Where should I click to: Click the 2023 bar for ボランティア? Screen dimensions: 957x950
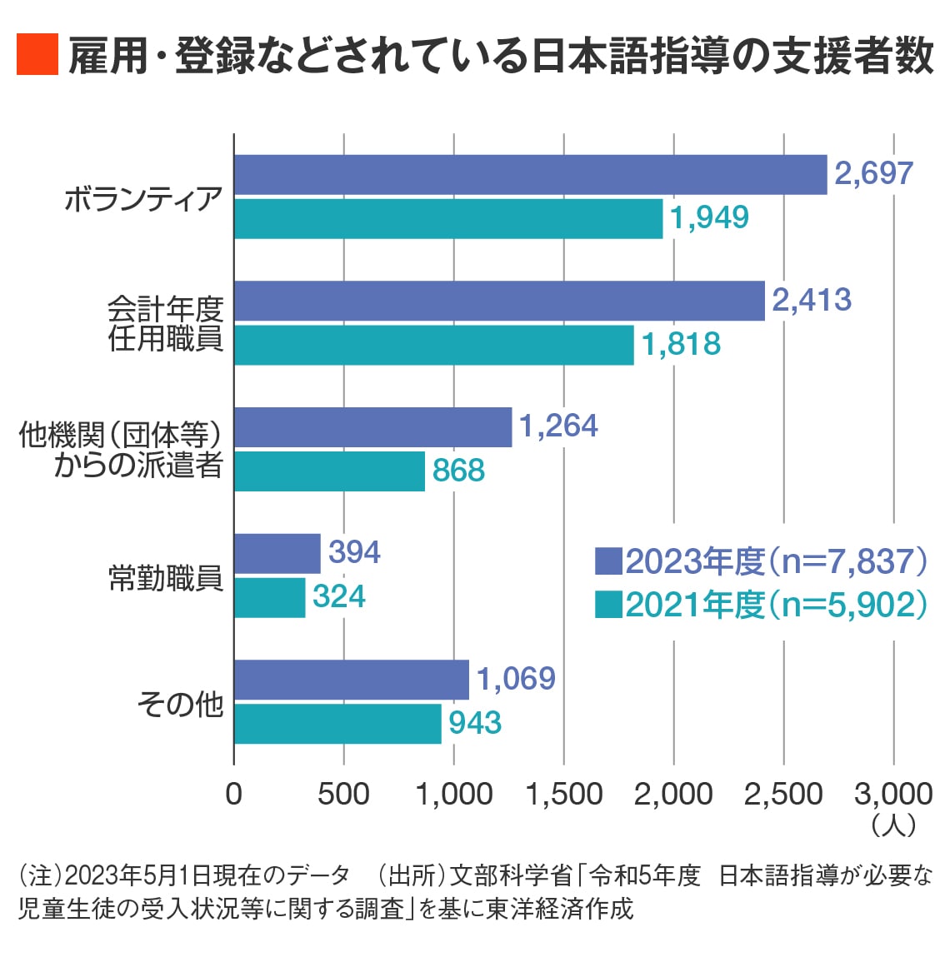pyautogui.click(x=530, y=175)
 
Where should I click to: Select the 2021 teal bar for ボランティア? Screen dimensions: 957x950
pyautogui.click(x=448, y=218)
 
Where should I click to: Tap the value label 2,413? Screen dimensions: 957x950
pyautogui.click(x=812, y=300)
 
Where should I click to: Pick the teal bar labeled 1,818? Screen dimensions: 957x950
pyautogui.click(x=433, y=345)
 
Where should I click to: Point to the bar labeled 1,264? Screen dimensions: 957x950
pyautogui.click(x=372, y=427)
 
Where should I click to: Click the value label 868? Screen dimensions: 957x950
pyautogui.click(x=458, y=471)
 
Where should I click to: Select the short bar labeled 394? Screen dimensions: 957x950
pyautogui.click(x=277, y=554)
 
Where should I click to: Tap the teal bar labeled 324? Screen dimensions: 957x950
pyautogui.click(x=270, y=597)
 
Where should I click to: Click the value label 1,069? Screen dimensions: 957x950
pyautogui.click(x=516, y=679)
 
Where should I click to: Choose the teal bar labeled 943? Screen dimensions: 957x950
pyautogui.click(x=337, y=724)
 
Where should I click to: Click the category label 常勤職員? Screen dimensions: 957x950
pyautogui.click(x=166, y=577)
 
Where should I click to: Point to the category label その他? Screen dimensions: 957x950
pyautogui.click(x=180, y=704)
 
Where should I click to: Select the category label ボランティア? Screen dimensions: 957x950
pyautogui.click(x=143, y=200)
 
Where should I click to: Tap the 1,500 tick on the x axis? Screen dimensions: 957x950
pyautogui.click(x=564, y=794)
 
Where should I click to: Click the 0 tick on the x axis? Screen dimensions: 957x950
pyautogui.click(x=234, y=794)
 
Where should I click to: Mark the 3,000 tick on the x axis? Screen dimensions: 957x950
pyautogui.click(x=892, y=794)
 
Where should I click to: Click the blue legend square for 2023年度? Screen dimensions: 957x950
pyautogui.click(x=608, y=561)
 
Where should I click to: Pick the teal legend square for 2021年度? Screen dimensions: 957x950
pyautogui.click(x=608, y=605)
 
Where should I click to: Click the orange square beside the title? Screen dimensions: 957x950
pyautogui.click(x=37, y=55)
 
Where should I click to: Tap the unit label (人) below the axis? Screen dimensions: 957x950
pyautogui.click(x=892, y=825)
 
